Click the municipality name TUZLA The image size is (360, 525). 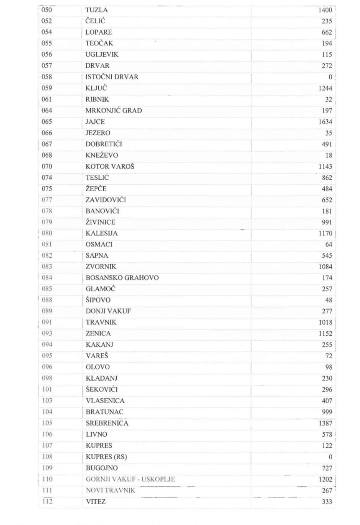click(97, 10)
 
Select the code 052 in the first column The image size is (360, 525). click(46, 21)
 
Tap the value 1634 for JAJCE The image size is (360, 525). click(325, 122)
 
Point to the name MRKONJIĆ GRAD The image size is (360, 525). click(114, 111)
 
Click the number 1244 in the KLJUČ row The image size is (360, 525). click(325, 88)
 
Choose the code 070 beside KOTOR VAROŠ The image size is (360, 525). click(46, 166)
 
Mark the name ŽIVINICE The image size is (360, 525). click(101, 222)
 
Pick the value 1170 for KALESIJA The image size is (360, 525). click(325, 233)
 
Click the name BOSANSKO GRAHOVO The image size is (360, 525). click(122, 278)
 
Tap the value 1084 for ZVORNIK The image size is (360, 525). click(325, 267)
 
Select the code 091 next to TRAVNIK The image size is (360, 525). click(46, 322)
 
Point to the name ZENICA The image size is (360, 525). click(98, 333)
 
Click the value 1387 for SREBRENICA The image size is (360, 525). click(325, 423)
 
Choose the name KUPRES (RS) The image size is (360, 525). click(106, 457)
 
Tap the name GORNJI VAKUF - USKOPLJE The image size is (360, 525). click(130, 479)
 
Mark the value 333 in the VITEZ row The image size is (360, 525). click(327, 502)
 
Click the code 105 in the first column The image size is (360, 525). click(47, 423)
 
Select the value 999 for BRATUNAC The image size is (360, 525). click(327, 412)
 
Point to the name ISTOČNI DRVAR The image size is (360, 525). click(112, 77)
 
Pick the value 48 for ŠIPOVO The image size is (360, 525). click(329, 300)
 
